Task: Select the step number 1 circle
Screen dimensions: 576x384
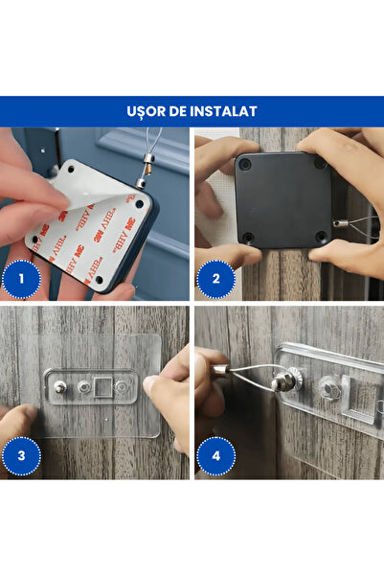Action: (x=20, y=281)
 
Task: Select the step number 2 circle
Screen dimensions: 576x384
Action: (x=215, y=281)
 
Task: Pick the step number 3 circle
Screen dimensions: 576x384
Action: (x=20, y=455)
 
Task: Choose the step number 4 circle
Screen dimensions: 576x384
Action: (x=215, y=455)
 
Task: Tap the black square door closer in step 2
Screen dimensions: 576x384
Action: (x=282, y=197)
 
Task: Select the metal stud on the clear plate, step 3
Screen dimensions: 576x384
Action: (x=60, y=387)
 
